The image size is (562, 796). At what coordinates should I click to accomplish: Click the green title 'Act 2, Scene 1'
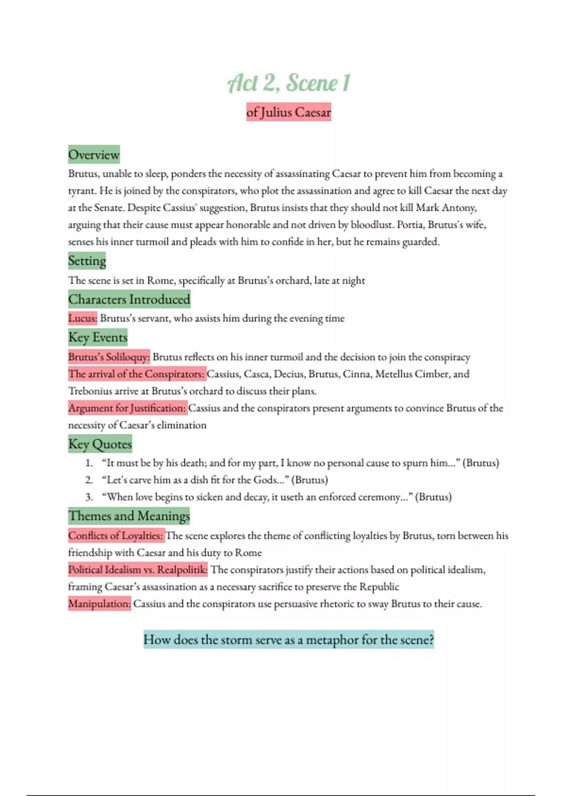tap(288, 83)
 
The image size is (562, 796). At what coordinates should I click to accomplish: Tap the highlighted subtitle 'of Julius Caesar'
tap(288, 112)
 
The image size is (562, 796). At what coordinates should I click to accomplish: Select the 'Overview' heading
tap(94, 155)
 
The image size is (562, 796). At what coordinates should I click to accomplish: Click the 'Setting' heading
tap(87, 260)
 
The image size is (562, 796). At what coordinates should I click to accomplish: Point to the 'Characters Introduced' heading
tap(129, 299)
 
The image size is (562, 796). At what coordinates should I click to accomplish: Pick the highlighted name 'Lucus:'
tap(83, 318)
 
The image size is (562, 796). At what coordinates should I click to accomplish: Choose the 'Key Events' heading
tap(98, 337)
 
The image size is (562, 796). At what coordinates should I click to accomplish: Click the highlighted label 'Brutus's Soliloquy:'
tap(109, 357)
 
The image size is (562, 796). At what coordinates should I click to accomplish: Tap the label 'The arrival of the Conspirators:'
tap(137, 374)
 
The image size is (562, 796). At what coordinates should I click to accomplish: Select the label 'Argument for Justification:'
tap(127, 408)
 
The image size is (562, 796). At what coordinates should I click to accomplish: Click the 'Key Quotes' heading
tap(100, 444)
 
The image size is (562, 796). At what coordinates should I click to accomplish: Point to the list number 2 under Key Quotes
tap(89, 480)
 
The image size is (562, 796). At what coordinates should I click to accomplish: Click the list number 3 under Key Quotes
tap(89, 497)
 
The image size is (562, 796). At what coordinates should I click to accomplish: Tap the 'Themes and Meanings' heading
tap(129, 516)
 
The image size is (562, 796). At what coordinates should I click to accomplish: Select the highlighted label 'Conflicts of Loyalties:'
tap(116, 536)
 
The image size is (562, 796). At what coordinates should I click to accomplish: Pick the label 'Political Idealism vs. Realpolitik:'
tap(138, 570)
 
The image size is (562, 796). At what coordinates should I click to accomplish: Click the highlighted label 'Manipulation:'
tap(99, 604)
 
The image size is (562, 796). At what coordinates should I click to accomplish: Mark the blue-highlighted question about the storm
tap(288, 640)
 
